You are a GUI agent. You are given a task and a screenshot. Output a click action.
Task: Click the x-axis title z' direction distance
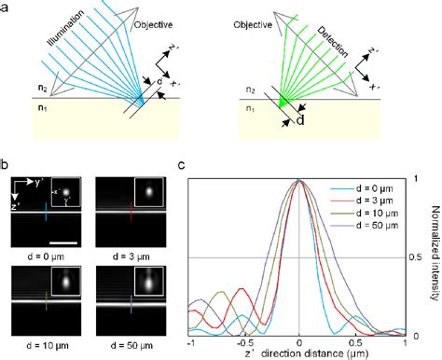[298, 355]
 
